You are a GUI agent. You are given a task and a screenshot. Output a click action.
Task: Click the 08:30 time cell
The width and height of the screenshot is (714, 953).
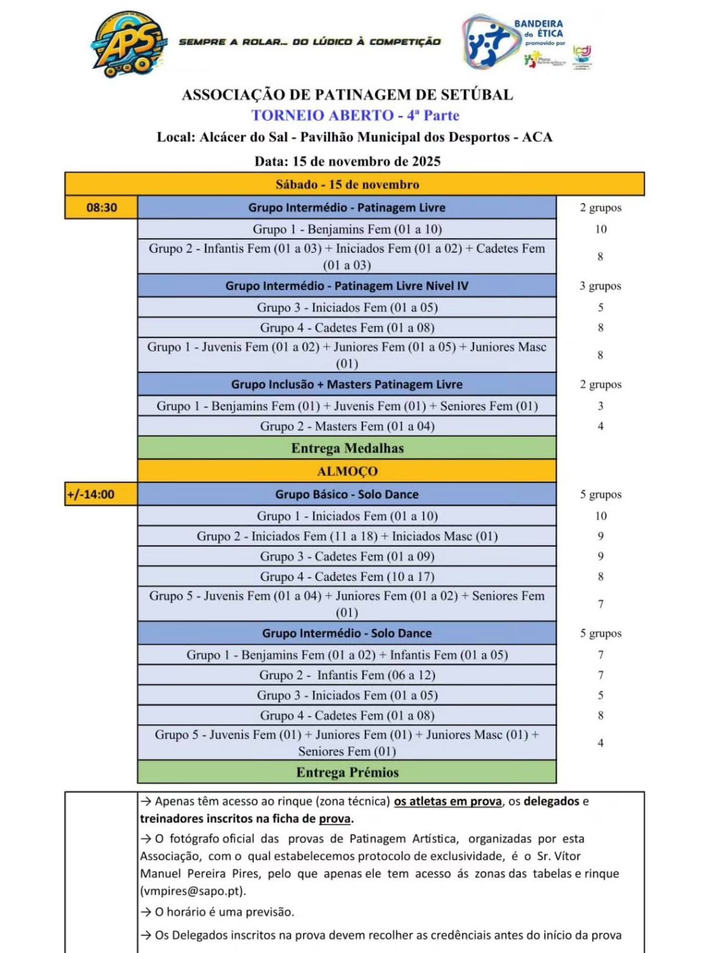click(102, 207)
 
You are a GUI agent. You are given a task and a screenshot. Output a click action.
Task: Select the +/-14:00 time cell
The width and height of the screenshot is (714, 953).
click(91, 494)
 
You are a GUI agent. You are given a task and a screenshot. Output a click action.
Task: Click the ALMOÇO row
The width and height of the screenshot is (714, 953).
click(347, 471)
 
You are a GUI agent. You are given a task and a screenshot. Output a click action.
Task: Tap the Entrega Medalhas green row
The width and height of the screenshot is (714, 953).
click(347, 448)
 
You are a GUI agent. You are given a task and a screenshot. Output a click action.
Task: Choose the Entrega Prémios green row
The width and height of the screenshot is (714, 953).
click(347, 772)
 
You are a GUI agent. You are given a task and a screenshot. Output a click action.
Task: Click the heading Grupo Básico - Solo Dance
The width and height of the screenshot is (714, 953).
click(347, 494)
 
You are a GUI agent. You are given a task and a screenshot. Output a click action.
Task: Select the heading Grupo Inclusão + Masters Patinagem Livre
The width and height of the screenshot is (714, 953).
click(347, 385)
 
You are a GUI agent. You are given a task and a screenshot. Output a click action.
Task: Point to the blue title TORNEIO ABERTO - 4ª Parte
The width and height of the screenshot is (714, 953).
click(356, 116)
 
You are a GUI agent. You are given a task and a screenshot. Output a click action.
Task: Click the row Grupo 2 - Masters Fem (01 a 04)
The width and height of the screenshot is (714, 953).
click(347, 426)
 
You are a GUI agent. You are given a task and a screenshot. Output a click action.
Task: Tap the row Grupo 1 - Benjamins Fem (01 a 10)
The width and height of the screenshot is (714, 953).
click(347, 229)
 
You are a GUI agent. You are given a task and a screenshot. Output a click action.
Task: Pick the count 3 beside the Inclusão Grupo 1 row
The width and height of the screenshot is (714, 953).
click(600, 406)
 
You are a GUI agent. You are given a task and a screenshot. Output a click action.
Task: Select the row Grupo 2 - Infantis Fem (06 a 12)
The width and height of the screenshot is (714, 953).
click(347, 676)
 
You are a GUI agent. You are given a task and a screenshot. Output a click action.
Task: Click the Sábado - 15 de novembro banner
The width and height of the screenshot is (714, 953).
click(347, 185)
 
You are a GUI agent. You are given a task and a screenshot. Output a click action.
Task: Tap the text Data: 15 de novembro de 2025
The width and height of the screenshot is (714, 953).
click(347, 161)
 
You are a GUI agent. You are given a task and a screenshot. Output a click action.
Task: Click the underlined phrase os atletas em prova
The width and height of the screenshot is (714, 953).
click(448, 802)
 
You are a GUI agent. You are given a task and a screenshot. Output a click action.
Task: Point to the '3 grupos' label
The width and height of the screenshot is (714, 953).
click(600, 286)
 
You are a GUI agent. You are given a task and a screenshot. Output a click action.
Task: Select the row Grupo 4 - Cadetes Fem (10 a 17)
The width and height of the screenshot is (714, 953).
click(347, 577)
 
